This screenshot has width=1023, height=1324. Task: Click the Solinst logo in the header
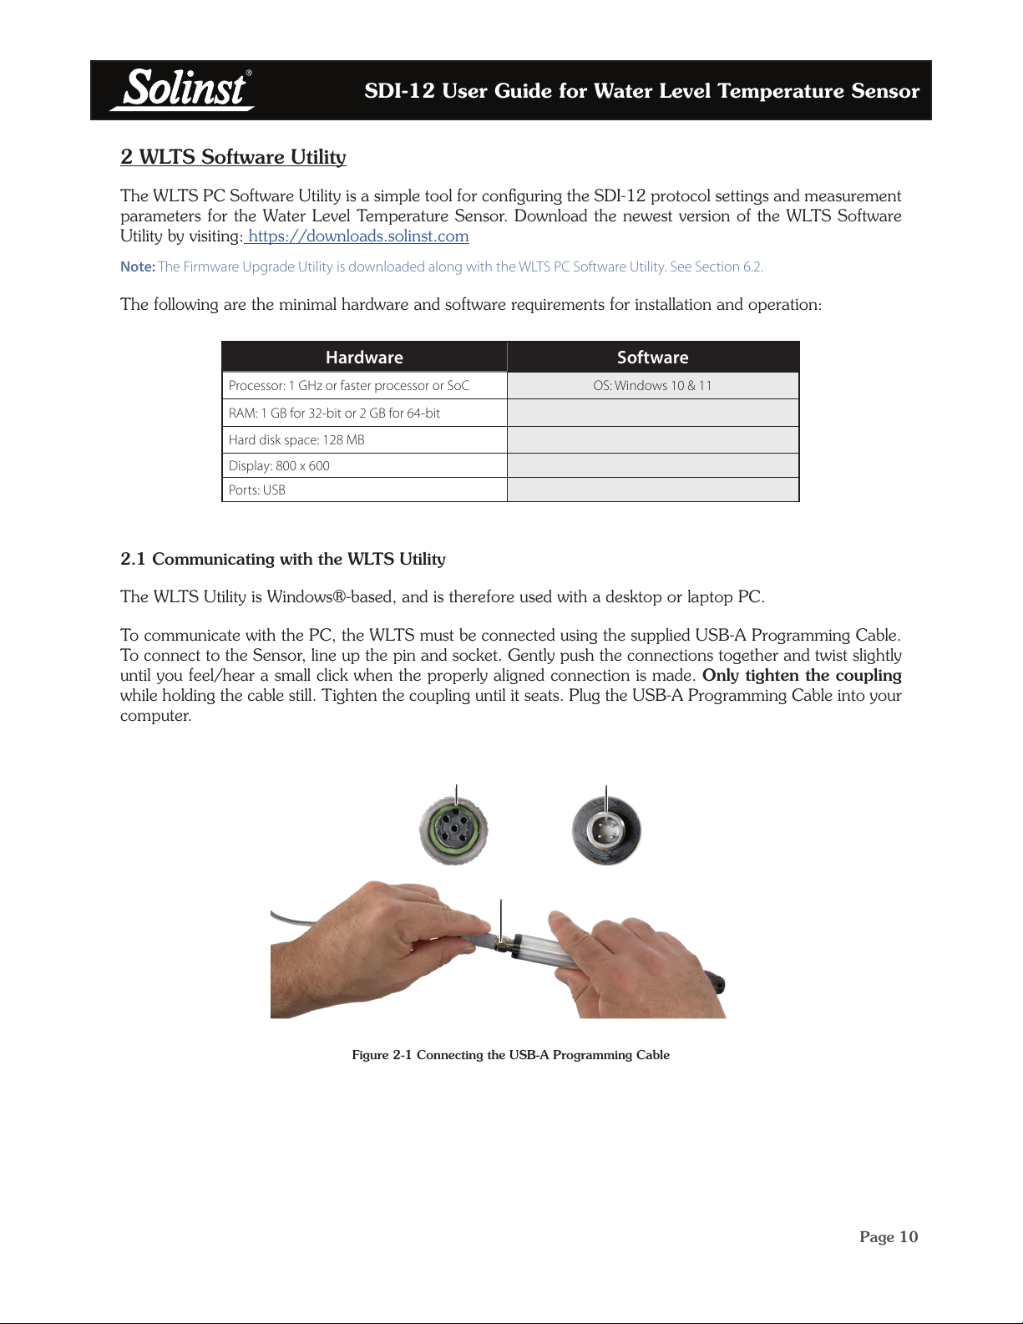coord(184,89)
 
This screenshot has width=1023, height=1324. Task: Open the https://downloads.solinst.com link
coord(358,236)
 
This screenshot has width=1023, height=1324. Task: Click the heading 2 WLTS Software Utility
coord(233,157)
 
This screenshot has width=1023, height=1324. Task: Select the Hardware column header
coord(364,358)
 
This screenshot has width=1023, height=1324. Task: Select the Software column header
coord(652,358)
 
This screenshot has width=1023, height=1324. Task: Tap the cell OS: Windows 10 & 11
coord(652,386)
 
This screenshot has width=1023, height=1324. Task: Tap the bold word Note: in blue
coord(138,267)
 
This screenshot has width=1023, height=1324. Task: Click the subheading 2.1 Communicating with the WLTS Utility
coord(283,559)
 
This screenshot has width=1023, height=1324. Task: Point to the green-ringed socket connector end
coord(453,830)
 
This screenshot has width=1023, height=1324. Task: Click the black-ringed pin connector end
coord(606,831)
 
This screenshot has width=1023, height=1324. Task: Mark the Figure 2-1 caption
coord(510,1055)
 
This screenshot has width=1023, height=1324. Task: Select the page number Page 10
coord(889,1237)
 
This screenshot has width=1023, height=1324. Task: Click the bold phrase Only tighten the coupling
coord(802,676)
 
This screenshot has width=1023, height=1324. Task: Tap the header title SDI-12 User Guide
coord(641,91)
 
